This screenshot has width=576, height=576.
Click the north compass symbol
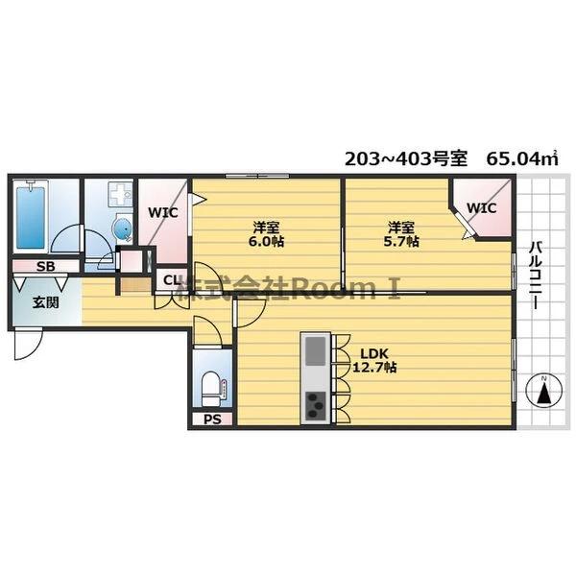coord(544,392)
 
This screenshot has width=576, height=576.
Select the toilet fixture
coord(210,386)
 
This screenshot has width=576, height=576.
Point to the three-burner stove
coord(316,406)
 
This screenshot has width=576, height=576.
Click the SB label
coord(44,266)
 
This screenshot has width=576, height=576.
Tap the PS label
coord(210,420)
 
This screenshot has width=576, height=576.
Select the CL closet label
coord(170,280)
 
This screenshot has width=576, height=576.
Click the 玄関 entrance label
coord(45,303)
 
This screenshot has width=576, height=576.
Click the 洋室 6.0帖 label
coord(266,234)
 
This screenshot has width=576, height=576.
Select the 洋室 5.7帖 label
coord(402,234)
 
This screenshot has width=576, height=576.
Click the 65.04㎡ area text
coord(522,158)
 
